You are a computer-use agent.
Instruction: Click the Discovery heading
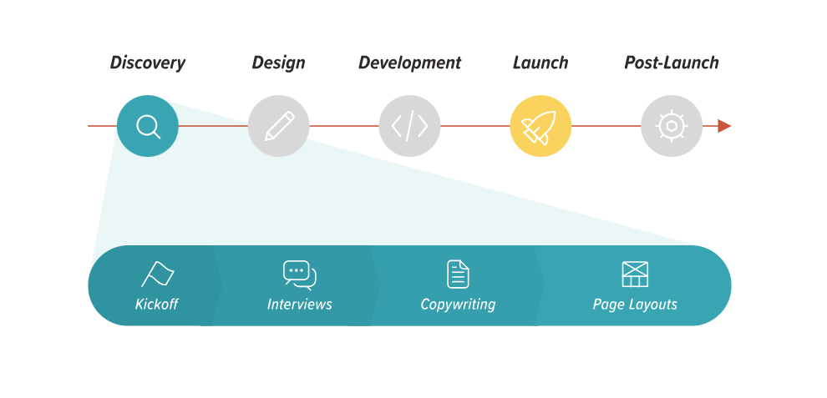point(148,63)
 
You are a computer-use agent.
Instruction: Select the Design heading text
point(278,63)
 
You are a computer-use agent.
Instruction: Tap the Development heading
point(410,63)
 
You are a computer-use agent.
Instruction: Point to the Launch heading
point(540,63)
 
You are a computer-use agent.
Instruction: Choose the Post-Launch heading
point(672,63)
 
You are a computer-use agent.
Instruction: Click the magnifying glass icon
point(147,127)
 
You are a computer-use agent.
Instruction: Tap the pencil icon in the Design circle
point(279,126)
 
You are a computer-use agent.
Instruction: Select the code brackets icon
point(409,126)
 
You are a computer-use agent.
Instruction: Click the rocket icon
point(539,128)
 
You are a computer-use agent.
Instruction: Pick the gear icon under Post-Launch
point(672,126)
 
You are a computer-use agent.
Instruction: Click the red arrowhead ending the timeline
point(724,126)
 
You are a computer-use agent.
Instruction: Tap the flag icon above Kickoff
point(158,274)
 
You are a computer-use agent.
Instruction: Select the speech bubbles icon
point(300,275)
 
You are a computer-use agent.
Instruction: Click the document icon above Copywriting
point(458,275)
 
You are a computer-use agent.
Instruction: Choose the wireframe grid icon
point(635,275)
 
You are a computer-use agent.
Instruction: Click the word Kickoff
point(157,305)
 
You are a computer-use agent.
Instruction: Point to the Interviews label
point(300,305)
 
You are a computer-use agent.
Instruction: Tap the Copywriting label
point(458,305)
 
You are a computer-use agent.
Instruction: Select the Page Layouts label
point(635,305)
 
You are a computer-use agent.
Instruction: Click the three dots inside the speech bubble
point(297,270)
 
